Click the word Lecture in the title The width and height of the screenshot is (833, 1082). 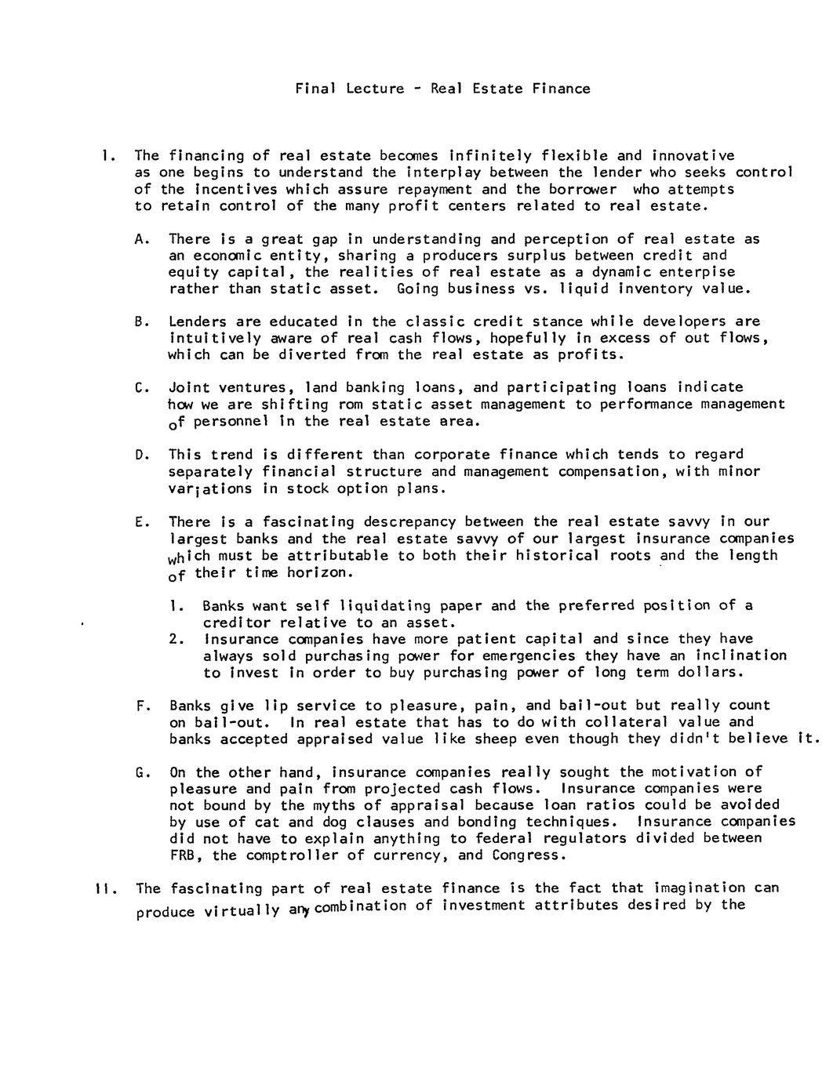pos(374,89)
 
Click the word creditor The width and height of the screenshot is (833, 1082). pos(235,623)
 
